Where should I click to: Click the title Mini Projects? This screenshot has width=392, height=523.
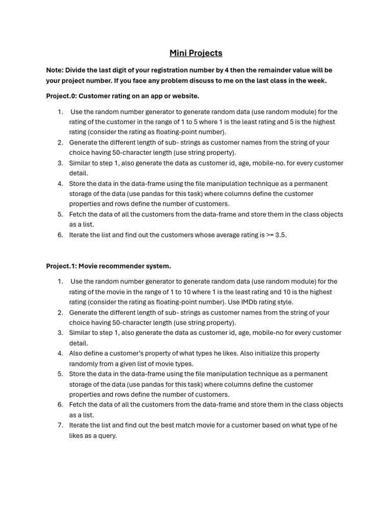point(196,53)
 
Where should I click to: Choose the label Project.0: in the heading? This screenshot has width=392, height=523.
point(61,96)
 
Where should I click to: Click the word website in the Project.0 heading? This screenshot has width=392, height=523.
point(184,96)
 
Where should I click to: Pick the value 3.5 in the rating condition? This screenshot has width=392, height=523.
point(280,235)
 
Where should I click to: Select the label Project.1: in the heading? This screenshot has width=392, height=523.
point(61,266)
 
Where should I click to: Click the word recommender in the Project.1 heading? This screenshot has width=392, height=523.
point(124,266)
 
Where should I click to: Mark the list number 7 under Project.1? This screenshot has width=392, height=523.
point(60,425)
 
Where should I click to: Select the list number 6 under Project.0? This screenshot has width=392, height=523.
point(60,235)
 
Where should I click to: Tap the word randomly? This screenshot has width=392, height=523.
point(84,364)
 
